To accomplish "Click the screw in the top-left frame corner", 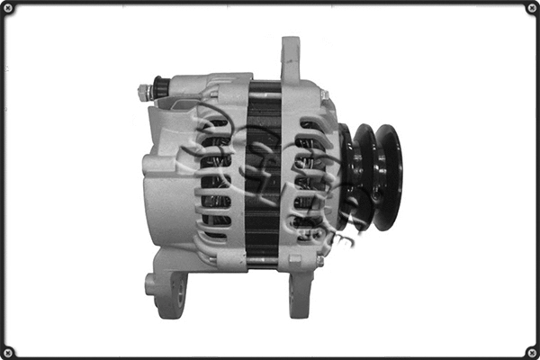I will point(8,8).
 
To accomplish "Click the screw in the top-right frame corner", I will point(531,8).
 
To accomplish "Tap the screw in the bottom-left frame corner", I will point(8,351).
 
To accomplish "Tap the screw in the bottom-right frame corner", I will point(531,351).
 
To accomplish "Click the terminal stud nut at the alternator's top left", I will point(144,92).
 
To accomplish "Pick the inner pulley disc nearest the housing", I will point(346,175).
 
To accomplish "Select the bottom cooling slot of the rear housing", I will point(216,236).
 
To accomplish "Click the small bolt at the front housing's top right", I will point(325,94).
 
